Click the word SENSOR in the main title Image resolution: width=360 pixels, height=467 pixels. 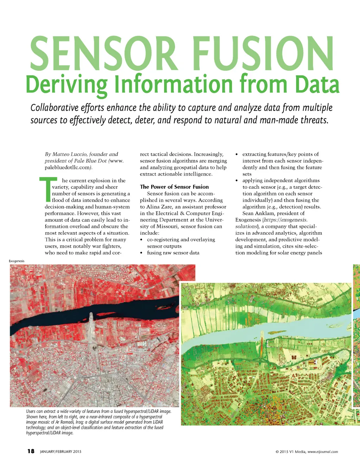103,53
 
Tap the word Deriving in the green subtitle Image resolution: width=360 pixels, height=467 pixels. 66,85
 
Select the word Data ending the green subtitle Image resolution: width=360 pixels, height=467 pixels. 317,85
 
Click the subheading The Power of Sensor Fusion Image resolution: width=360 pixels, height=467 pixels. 174,187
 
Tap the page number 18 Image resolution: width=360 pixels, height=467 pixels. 31,451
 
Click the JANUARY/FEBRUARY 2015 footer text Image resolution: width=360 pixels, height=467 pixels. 60,452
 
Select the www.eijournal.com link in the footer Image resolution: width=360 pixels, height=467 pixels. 323,452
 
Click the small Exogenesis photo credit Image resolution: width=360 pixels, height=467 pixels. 17,261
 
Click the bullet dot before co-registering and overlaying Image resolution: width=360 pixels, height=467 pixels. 141,240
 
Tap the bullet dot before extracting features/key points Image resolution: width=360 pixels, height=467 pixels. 237,154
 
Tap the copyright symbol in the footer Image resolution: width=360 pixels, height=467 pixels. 277,452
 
